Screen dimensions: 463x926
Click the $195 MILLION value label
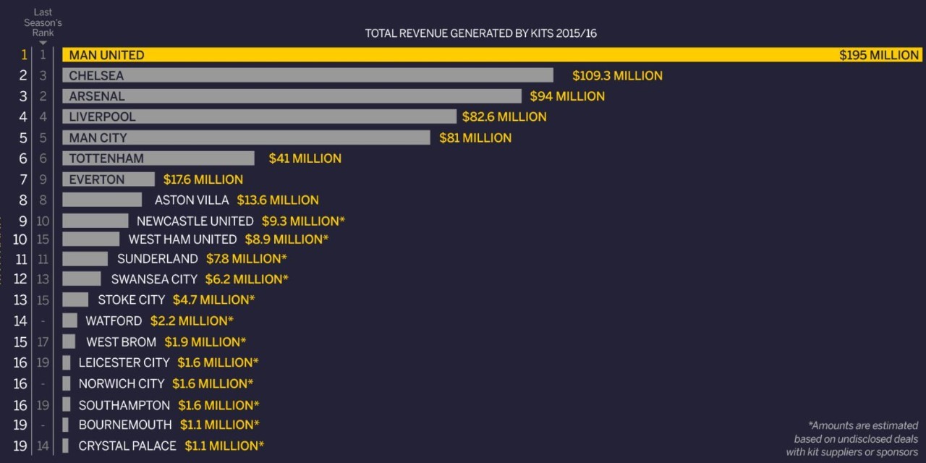pos(879,55)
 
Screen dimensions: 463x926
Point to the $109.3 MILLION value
pos(617,75)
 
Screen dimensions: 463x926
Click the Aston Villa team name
pos(191,200)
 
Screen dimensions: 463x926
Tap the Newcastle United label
pos(195,221)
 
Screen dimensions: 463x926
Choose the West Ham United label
pos(182,239)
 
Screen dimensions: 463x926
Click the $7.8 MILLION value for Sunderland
pos(246,259)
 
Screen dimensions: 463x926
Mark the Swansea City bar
pos(82,279)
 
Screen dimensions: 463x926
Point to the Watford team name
pos(114,320)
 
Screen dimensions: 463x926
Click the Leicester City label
pos(124,362)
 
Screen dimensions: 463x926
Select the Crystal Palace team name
pos(127,446)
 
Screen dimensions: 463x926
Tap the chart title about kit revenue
pos(480,33)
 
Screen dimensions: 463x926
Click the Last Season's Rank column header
pos(43,23)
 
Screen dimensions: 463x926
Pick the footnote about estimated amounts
pos(852,439)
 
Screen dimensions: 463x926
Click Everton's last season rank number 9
pos(43,179)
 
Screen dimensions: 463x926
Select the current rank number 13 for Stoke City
pos(20,300)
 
